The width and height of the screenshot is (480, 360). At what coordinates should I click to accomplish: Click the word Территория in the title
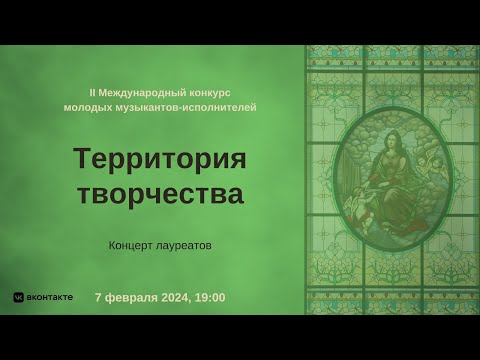point(160,159)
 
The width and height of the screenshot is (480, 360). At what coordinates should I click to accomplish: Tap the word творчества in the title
point(160,193)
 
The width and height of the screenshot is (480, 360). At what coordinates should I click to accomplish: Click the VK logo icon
point(18,298)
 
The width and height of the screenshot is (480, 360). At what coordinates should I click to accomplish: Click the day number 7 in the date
point(98,298)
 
